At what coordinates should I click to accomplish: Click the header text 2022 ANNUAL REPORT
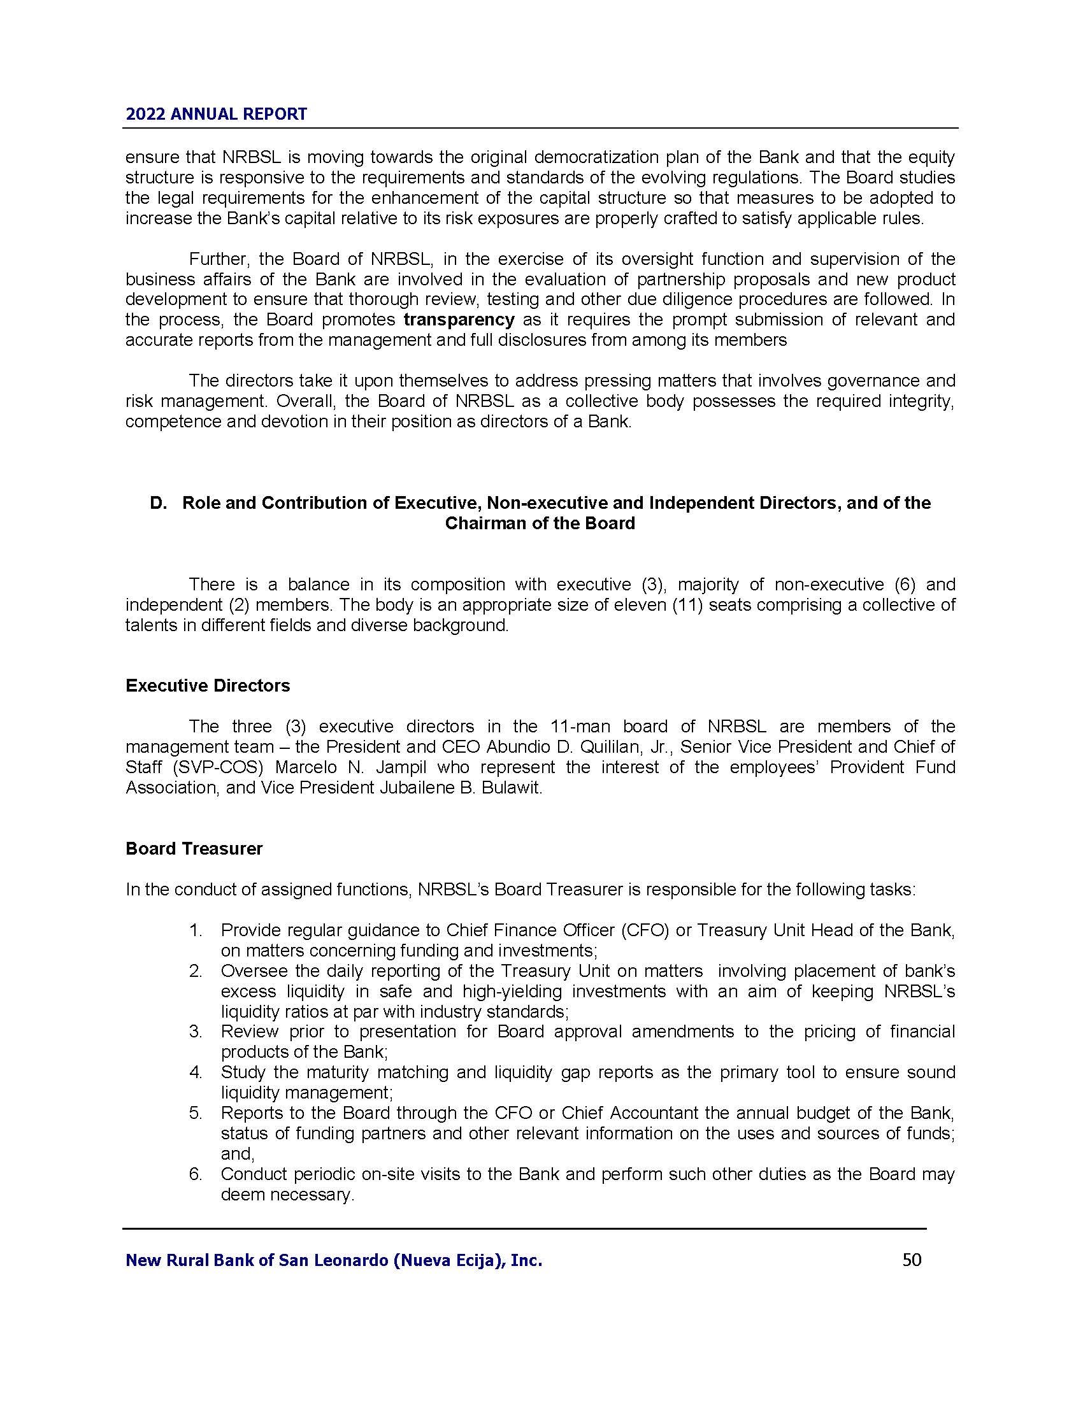tap(216, 114)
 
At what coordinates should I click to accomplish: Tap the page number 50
tap(912, 1260)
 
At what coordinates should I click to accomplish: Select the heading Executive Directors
tap(208, 686)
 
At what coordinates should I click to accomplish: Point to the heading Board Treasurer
tap(194, 849)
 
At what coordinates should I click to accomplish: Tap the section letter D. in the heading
tap(158, 503)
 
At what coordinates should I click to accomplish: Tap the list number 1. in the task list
tap(196, 930)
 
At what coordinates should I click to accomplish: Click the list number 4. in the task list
tap(196, 1072)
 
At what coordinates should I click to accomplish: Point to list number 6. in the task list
tap(196, 1174)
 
